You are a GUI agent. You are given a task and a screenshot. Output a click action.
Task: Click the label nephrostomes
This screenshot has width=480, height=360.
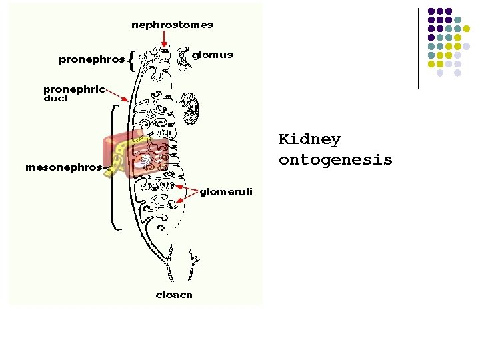tap(172, 25)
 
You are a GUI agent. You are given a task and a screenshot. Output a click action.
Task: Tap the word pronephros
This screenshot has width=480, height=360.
tap(91, 59)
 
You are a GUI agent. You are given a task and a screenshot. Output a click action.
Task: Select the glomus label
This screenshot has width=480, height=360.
tap(212, 55)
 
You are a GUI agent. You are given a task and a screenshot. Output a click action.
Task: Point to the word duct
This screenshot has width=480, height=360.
tap(56, 99)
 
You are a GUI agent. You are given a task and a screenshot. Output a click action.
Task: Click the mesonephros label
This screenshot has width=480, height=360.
tap(64, 167)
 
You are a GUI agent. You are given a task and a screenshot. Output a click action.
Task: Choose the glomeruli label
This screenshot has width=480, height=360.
tap(227, 192)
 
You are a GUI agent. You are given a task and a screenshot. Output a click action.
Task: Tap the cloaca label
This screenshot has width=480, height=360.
tap(174, 295)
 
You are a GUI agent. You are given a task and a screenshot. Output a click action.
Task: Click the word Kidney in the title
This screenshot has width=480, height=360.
tap(309, 140)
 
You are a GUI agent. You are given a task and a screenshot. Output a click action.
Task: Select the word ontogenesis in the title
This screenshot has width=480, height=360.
tap(335, 161)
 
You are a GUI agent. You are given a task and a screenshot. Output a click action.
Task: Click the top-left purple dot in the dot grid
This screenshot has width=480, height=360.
tap(431, 11)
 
